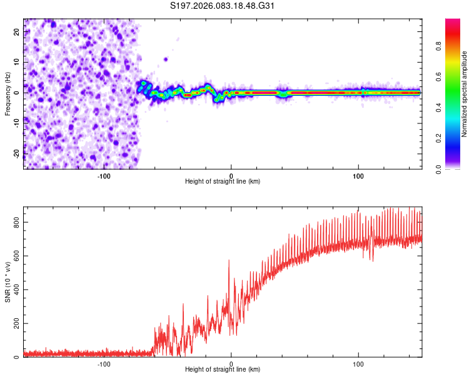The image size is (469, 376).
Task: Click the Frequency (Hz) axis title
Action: [x=8, y=94]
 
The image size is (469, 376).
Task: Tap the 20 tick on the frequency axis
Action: [x=17, y=31]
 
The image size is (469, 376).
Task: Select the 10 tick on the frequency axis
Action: [x=17, y=62]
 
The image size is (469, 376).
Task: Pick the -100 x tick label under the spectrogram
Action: [x=104, y=175]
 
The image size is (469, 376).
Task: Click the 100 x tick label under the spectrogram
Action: [x=358, y=175]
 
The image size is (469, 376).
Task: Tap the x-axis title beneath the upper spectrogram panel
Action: [x=223, y=182]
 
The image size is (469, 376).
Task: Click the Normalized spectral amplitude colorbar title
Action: [x=465, y=94]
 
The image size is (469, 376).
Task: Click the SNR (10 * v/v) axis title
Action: [x=8, y=282]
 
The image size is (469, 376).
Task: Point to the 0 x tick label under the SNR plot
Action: [x=231, y=363]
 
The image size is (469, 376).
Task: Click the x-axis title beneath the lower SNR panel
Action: [x=223, y=370]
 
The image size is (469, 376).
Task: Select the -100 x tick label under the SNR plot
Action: [x=104, y=363]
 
